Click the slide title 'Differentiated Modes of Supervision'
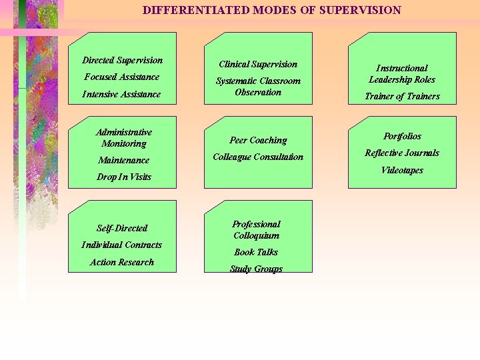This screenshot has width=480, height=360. click(272, 10)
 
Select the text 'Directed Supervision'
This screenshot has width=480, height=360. click(122, 60)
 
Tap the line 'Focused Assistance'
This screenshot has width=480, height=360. click(122, 77)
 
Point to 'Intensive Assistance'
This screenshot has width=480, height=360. click(122, 94)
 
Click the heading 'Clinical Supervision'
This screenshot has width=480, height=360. click(258, 64)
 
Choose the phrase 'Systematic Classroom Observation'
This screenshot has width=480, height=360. click(258, 87)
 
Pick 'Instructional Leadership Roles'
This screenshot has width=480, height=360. click(402, 73)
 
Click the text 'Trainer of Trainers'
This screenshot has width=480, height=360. click(402, 96)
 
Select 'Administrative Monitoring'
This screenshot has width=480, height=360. click(124, 138)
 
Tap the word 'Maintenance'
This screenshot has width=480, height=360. click(124, 160)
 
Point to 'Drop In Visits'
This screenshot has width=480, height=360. click(124, 177)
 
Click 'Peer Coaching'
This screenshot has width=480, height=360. click(258, 140)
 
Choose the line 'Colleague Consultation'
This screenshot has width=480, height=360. click(258, 157)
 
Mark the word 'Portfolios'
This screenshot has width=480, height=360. click(402, 136)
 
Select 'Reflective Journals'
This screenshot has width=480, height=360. click(402, 153)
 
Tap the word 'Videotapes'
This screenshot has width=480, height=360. click(402, 170)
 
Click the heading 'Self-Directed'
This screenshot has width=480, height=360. click(122, 228)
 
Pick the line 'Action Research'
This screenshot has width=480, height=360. click(122, 262)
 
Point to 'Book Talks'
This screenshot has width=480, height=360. click(256, 252)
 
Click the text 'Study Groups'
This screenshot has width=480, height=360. click(256, 269)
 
